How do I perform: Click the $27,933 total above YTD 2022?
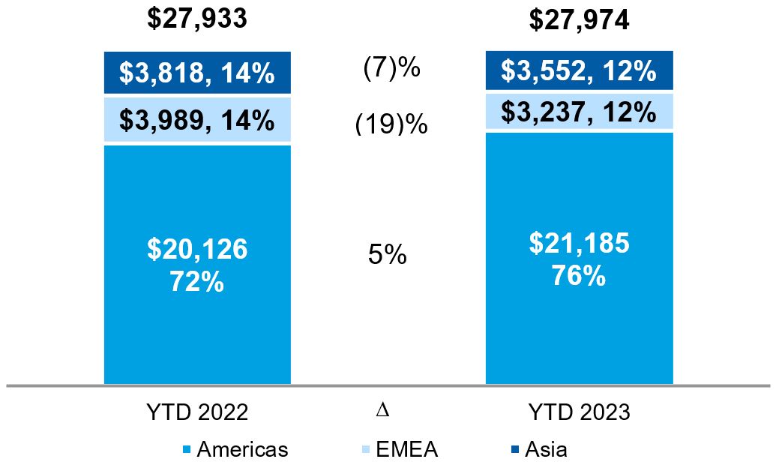[196, 18]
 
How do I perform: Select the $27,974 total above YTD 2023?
[579, 19]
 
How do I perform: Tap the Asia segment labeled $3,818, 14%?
[196, 73]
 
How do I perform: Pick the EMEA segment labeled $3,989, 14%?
[196, 120]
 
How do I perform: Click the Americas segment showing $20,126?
[196, 262]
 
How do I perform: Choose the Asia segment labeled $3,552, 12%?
[579, 71]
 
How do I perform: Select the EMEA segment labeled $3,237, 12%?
[579, 112]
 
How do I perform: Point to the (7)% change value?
[391, 69]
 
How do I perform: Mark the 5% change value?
[387, 255]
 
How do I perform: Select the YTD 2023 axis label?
[580, 412]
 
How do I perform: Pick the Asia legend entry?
[545, 449]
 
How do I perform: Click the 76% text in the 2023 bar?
[579, 275]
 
